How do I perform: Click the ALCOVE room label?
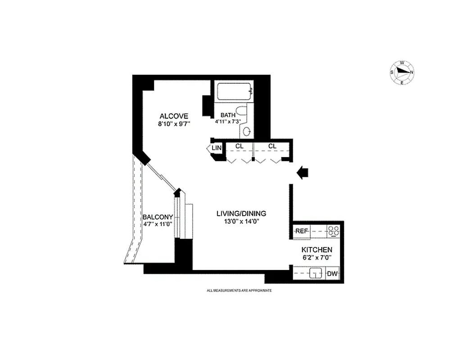[173, 116]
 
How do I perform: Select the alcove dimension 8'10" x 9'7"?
[174, 125]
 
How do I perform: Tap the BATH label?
[228, 115]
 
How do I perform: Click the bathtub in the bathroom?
[234, 91]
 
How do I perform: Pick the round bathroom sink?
[247, 131]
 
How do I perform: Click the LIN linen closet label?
[217, 148]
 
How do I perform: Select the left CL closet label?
[239, 146]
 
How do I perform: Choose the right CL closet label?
[272, 146]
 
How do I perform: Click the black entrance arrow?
[303, 172]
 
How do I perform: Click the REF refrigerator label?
[301, 231]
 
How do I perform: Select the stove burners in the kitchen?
[333, 231]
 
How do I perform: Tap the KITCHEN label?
[317, 250]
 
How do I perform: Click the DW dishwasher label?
[332, 273]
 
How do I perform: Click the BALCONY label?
[158, 217]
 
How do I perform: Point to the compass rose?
[402, 72]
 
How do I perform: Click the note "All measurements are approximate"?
[239, 291]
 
